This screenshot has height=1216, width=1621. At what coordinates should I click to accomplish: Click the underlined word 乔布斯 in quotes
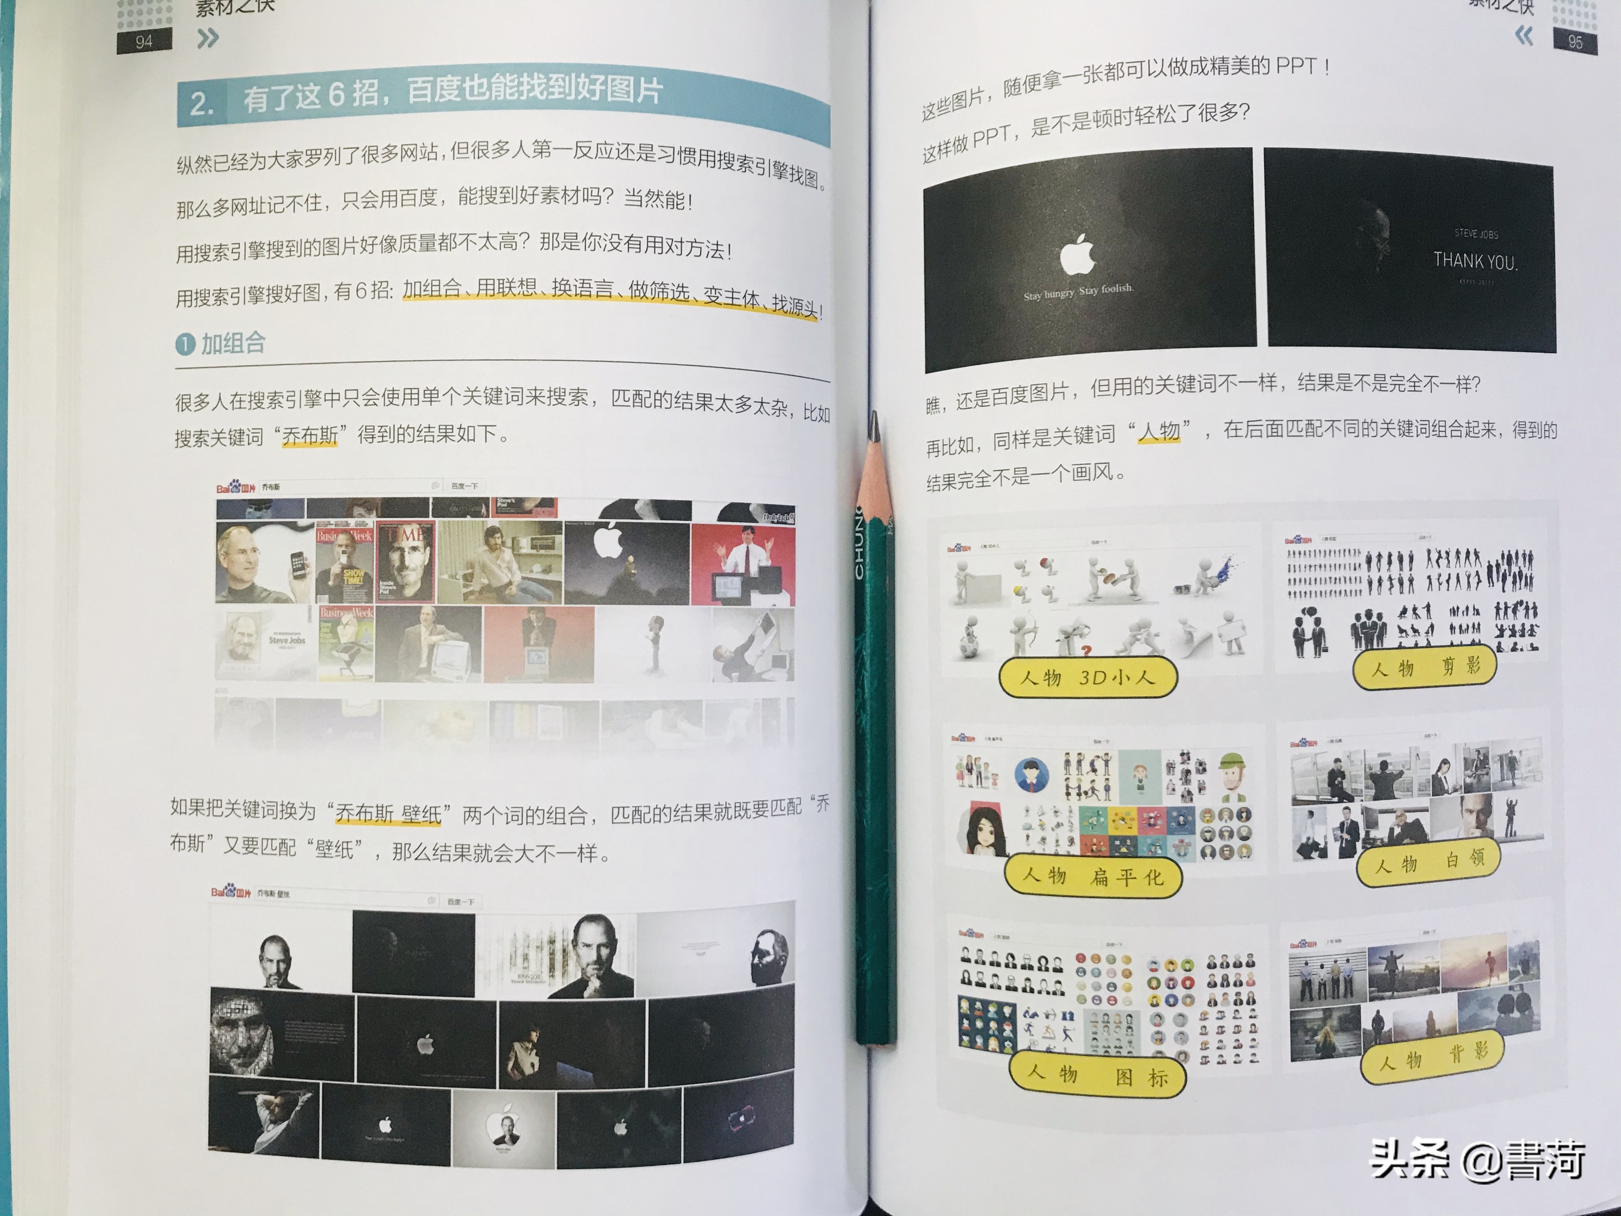pos(310,435)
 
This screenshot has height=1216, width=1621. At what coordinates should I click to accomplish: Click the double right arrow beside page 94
pos(208,38)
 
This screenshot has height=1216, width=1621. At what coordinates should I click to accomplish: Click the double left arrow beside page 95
pos(1524,35)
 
